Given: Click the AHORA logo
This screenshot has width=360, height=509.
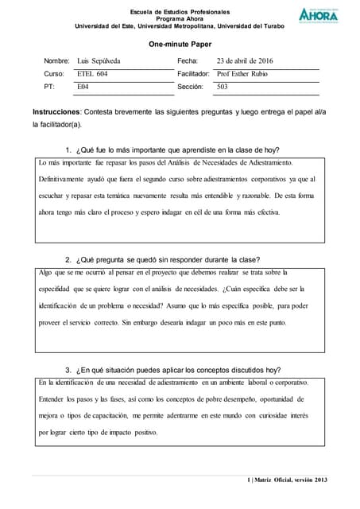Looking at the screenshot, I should click(x=318, y=14).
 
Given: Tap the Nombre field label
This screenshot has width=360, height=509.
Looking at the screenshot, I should click(x=56, y=60).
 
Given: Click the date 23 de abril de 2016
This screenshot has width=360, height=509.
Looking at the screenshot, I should click(x=245, y=60).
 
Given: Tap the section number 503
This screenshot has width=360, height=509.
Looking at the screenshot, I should click(x=223, y=86).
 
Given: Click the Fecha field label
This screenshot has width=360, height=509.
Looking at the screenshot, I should click(x=188, y=60).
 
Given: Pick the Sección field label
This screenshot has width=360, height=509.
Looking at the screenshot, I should click(x=191, y=86).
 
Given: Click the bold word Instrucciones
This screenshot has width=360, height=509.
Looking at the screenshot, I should click(x=56, y=112).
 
